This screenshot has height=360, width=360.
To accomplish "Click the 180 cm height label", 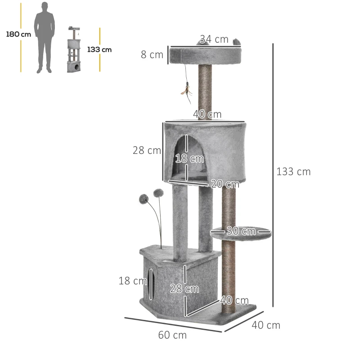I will click(18, 34).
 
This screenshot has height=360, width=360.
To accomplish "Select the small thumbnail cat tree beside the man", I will click(72, 50).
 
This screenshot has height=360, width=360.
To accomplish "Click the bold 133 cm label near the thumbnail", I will click(99, 49).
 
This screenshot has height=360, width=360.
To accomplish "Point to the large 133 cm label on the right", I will click(293, 171).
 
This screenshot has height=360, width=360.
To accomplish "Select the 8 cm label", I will click(152, 55).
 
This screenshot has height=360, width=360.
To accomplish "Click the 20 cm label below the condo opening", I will click(225, 184).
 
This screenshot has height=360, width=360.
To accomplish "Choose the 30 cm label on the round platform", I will click(241, 231).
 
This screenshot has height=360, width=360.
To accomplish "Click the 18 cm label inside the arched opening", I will click(189, 158).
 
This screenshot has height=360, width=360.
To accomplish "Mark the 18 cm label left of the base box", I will click(133, 281).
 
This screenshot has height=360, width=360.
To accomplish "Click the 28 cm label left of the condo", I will click(147, 150).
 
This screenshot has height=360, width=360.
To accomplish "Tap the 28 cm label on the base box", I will click(184, 288).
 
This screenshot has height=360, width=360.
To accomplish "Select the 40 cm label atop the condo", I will click(207, 114).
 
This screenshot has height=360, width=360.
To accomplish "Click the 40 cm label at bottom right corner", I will click(266, 325).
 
